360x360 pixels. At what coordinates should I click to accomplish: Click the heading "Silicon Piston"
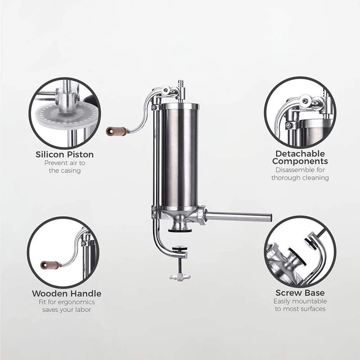click(64, 155)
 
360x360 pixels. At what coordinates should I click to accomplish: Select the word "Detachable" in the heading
click(300, 153)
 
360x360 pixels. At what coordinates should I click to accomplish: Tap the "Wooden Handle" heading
click(66, 293)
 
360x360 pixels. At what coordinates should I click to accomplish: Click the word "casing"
click(71, 171)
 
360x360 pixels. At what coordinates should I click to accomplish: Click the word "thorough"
click(287, 178)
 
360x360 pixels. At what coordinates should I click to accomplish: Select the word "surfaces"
click(312, 309)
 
